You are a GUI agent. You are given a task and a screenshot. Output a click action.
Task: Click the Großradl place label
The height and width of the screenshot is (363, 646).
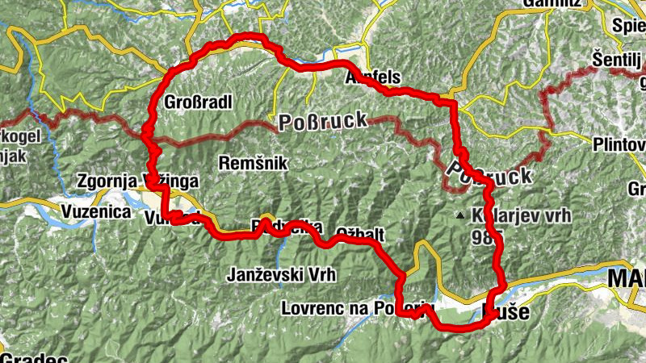[198, 102]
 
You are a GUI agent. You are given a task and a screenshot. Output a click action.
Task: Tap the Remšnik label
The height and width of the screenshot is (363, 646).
[254, 162]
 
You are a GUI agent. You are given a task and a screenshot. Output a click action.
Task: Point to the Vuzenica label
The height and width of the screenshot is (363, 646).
[96, 211]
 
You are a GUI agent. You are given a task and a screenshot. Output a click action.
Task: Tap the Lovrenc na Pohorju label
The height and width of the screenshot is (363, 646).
[358, 307]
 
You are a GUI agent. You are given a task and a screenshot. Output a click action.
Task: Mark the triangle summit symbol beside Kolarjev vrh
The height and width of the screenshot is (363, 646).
[460, 215]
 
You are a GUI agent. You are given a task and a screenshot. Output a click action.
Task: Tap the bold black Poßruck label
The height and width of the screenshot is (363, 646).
[489, 174]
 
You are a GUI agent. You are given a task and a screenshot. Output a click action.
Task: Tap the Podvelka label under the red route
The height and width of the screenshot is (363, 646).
[287, 227]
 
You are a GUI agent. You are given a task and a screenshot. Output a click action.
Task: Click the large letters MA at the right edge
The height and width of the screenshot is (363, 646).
[627, 278]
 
